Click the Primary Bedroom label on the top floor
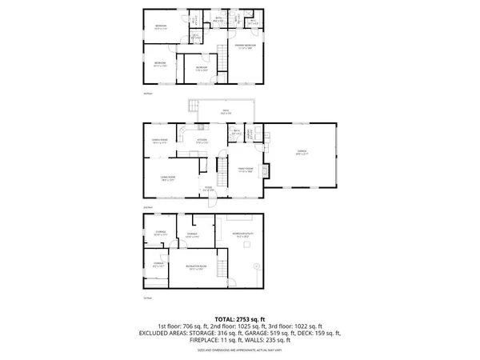coord(245,46)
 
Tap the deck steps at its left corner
coord(193,105)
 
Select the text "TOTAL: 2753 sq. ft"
coord(240,319)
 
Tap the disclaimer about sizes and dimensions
coord(240,350)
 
